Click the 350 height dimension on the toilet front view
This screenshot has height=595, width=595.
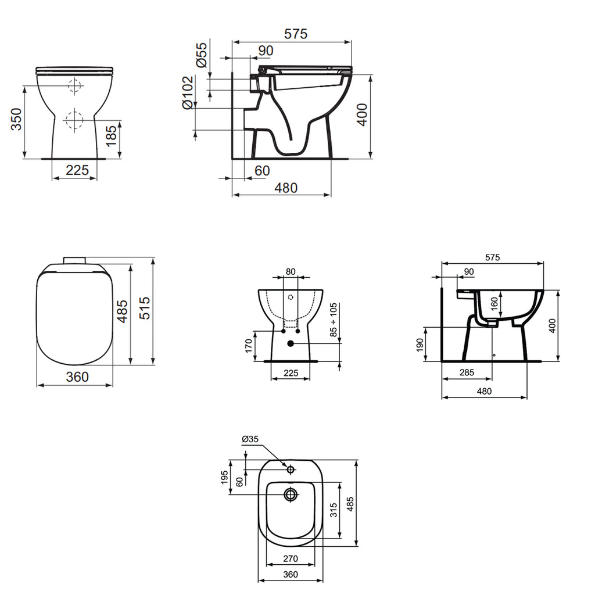click(x=17, y=120)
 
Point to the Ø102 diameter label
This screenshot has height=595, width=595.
click(x=187, y=92)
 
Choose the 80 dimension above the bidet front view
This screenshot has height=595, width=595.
click(x=291, y=271)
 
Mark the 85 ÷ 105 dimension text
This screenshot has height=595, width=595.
click(x=332, y=320)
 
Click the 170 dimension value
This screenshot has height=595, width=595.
click(x=249, y=346)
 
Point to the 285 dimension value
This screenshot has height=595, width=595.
click(x=467, y=372)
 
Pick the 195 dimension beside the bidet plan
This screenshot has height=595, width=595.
click(x=224, y=478)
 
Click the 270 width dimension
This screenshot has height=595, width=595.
click(x=291, y=559)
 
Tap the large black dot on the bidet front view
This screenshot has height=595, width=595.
click(x=291, y=344)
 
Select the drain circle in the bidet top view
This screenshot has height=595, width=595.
click(x=291, y=494)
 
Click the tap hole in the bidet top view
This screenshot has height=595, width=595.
click(x=291, y=468)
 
